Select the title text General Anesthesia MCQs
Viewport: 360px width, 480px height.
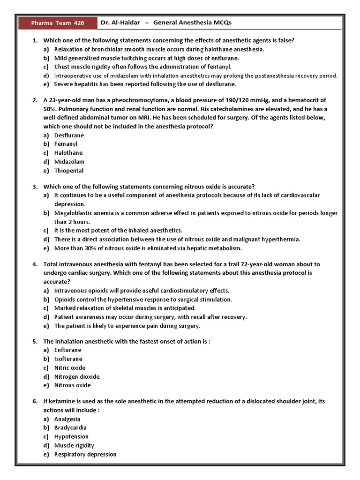[x=193, y=22]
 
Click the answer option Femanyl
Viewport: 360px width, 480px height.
[x=66, y=144]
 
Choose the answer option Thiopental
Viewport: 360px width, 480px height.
[x=68, y=171]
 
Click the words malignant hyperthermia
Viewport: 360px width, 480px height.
[x=270, y=239]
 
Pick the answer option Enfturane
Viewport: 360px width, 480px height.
[x=67, y=350]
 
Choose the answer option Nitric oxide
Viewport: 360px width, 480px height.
[x=69, y=367]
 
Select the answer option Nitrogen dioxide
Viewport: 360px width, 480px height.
[x=77, y=376]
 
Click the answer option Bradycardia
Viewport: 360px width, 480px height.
[x=70, y=427]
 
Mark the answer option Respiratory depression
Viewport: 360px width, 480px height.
[x=85, y=454]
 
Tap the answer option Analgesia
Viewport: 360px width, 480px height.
[x=67, y=419]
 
